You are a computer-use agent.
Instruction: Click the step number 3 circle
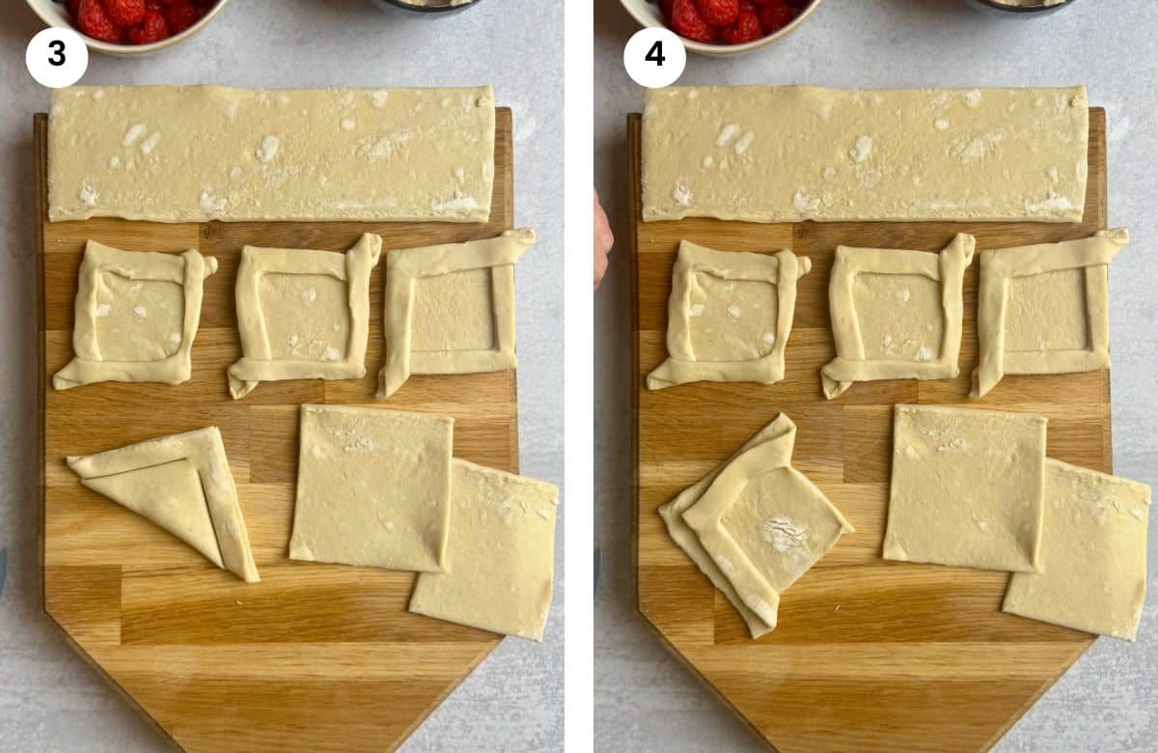(56, 55)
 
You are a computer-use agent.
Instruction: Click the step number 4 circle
(654, 55)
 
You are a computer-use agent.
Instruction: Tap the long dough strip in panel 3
(271, 153)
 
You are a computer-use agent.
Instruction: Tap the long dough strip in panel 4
(865, 153)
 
